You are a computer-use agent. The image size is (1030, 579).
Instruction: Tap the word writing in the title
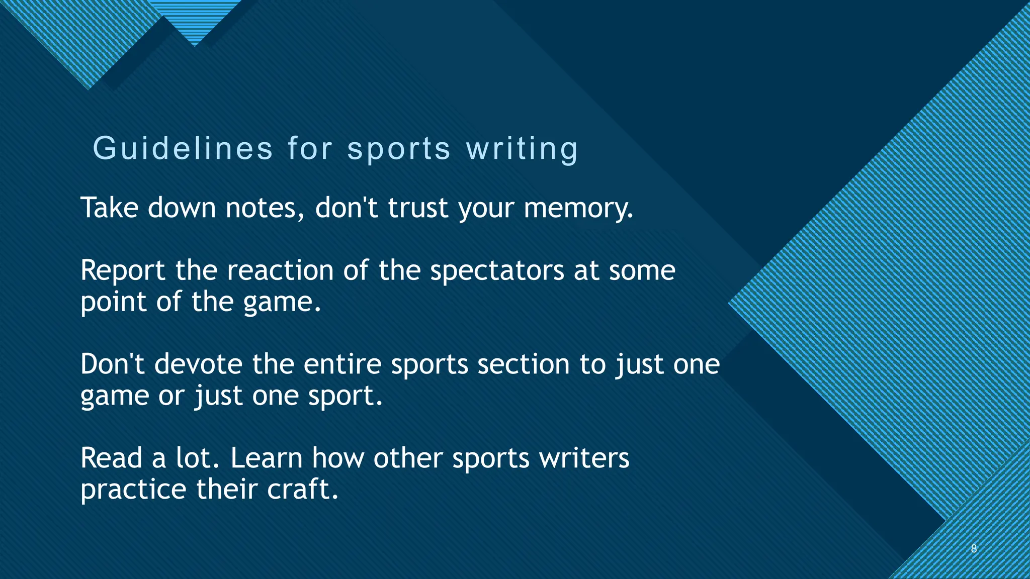pos(523,149)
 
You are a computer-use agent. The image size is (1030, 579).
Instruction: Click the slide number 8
pos(974,548)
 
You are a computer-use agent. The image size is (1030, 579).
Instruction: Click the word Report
pos(123,270)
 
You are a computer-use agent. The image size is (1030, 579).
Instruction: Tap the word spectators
pos(497,270)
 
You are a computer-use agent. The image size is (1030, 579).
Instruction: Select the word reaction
pos(280,270)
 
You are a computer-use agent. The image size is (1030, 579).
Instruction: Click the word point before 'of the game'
pos(113,303)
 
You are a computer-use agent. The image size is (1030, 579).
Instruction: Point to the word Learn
pos(267,458)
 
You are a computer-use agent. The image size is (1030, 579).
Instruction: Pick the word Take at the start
pos(109,208)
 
